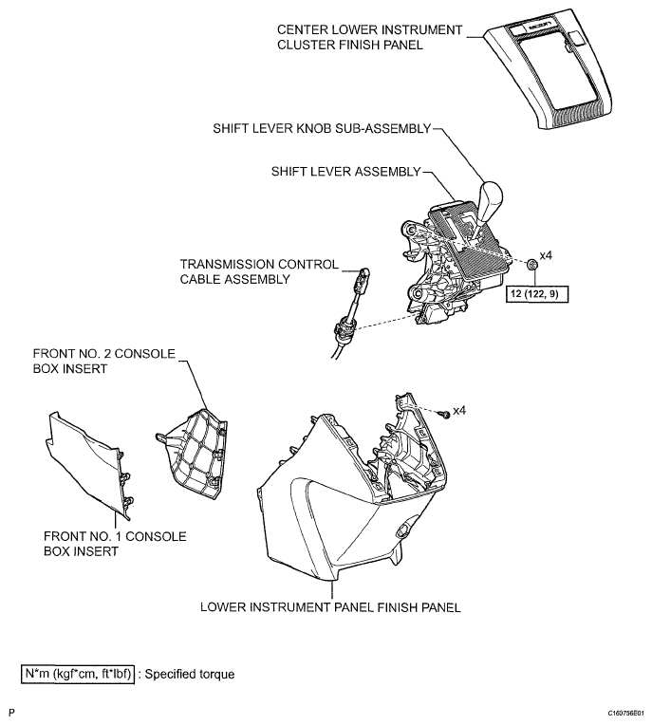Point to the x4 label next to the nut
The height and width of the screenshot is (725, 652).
point(546,256)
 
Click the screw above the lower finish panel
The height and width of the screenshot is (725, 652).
point(442,414)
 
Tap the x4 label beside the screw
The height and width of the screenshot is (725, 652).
point(459,410)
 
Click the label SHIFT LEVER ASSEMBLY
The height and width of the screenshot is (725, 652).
point(345,171)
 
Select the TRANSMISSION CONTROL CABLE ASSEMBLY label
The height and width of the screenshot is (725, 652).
point(258,272)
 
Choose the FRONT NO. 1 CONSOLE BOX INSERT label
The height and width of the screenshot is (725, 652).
point(114,544)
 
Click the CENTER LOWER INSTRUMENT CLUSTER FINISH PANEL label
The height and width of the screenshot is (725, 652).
point(370,37)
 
